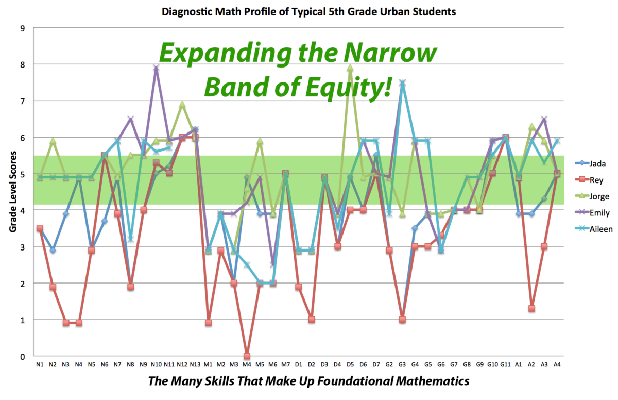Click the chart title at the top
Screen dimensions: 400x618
[309, 12]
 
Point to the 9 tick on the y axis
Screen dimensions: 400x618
[23, 28]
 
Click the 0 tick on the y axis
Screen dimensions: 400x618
[23, 356]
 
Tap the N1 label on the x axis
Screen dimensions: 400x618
[40, 364]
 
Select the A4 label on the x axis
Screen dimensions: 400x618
[557, 364]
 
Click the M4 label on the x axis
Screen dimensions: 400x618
[247, 364]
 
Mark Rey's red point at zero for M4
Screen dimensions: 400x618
[247, 356]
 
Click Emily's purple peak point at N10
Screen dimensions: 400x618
[156, 68]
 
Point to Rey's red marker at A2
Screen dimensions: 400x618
[531, 309]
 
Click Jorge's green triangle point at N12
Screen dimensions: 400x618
[182, 105]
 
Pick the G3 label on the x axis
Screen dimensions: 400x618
[402, 364]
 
